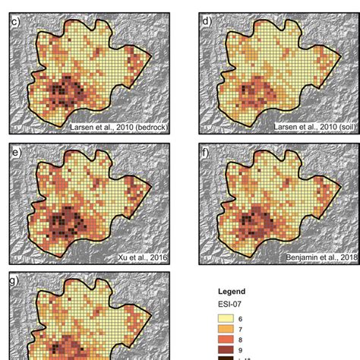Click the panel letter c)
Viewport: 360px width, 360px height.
tap(15, 21)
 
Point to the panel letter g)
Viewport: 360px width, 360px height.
tap(15, 281)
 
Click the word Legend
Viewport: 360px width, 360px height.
tap(232, 291)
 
